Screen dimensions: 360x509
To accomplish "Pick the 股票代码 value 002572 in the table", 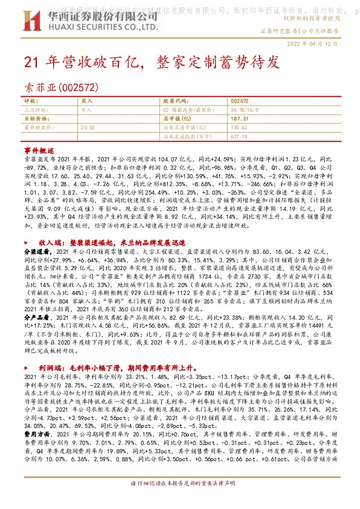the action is (x=240, y=101).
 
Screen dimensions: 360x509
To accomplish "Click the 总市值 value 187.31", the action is (x=240, y=119).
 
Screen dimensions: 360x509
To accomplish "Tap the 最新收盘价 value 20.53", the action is (x=88, y=128).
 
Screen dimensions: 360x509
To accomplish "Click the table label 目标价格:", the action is (x=36, y=119).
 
